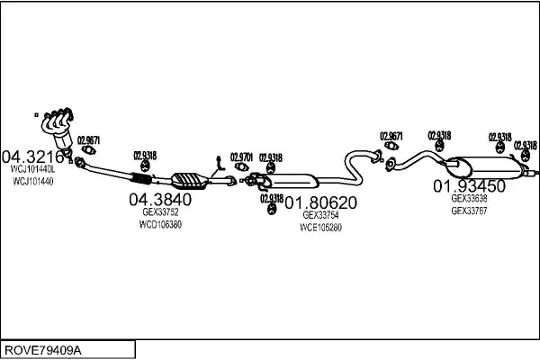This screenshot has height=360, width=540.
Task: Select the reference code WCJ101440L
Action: click(x=32, y=168)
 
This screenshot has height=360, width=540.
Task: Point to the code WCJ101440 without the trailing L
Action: click(x=32, y=181)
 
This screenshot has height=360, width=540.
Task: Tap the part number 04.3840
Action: click(x=161, y=199)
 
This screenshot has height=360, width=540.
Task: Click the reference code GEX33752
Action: click(x=161, y=212)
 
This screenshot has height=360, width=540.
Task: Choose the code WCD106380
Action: click(x=161, y=224)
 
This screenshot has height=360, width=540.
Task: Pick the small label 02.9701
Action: click(x=241, y=157)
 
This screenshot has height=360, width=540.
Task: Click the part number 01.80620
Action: click(x=320, y=203)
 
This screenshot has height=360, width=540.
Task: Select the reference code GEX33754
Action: click(x=320, y=215)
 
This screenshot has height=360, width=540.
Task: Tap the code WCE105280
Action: click(x=320, y=227)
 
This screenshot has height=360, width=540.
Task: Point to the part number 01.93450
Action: click(x=469, y=186)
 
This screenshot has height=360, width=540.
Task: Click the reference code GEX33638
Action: click(x=469, y=199)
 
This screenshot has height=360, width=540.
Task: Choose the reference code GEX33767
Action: click(x=469, y=211)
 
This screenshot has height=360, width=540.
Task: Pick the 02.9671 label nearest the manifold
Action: click(x=88, y=140)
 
